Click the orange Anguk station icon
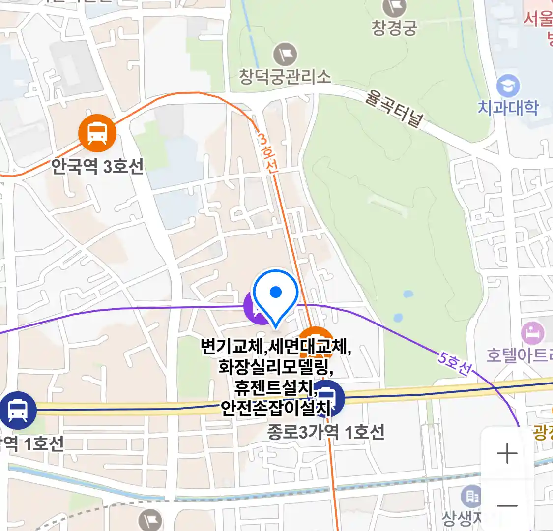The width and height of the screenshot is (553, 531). tap(97, 133)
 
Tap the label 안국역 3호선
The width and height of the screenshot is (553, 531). tap(97, 167)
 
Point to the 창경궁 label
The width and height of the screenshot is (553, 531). tap(394, 28)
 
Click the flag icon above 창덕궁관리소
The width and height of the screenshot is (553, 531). tap(285, 54)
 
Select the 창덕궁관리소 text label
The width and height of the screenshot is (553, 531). tap(285, 76)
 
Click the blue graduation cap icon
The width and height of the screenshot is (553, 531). tap(508, 86)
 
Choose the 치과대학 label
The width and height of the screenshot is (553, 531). tap(508, 108)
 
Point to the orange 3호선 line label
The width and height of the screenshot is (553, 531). tap(268, 153)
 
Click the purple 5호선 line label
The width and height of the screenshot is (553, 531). tap(455, 363)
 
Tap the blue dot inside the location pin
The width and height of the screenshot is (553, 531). tap(276, 293)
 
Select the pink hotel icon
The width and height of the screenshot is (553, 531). tap(532, 334)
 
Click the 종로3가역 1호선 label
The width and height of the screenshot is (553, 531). tap(325, 433)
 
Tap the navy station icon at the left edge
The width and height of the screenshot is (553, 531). tap(18, 410)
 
